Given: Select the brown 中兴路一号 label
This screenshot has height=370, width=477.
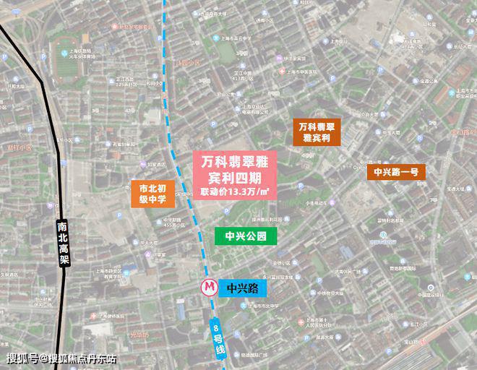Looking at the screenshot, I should coord(395,172).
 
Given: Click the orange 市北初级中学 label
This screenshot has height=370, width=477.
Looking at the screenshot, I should coord(152,194).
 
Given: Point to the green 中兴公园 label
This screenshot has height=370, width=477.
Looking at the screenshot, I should coord(246,236).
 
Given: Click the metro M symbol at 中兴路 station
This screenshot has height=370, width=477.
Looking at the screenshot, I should coord(209,287).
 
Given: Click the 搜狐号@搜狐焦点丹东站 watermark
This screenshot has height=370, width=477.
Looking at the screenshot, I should coord(61,359).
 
